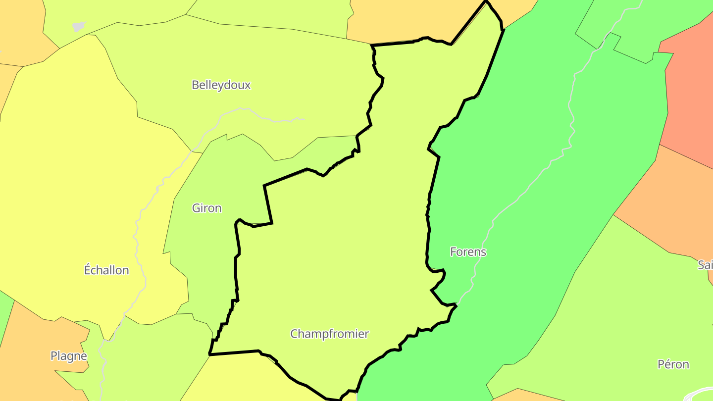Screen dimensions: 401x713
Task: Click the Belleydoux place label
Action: (x=221, y=85)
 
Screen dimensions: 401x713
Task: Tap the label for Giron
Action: (x=206, y=208)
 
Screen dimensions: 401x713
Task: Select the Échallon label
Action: (x=106, y=270)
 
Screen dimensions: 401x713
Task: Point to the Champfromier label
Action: (x=329, y=334)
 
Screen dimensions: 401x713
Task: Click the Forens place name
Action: (x=468, y=251)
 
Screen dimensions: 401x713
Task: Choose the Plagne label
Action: (x=69, y=356)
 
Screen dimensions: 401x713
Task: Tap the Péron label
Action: (x=673, y=364)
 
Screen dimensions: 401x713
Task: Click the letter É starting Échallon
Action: (x=88, y=270)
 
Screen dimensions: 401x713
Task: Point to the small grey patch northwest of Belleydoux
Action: (x=78, y=26)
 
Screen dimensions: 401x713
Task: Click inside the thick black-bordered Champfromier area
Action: (x=347, y=248)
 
